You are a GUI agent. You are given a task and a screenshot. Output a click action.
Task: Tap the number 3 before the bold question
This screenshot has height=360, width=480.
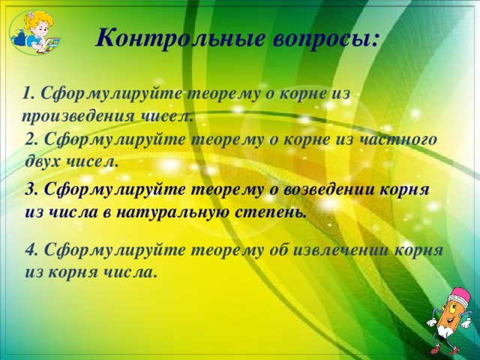(30, 190)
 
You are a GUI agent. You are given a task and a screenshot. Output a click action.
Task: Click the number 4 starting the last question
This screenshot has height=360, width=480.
(30, 250)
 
